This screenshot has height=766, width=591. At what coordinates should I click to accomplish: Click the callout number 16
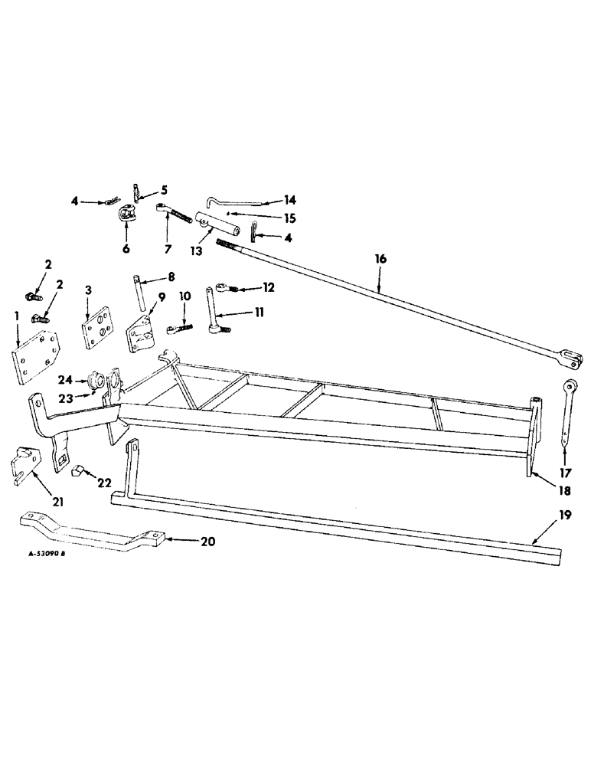(x=380, y=260)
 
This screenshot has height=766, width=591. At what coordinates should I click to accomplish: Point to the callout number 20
(x=207, y=542)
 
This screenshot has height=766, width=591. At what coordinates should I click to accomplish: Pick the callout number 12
(x=267, y=288)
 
